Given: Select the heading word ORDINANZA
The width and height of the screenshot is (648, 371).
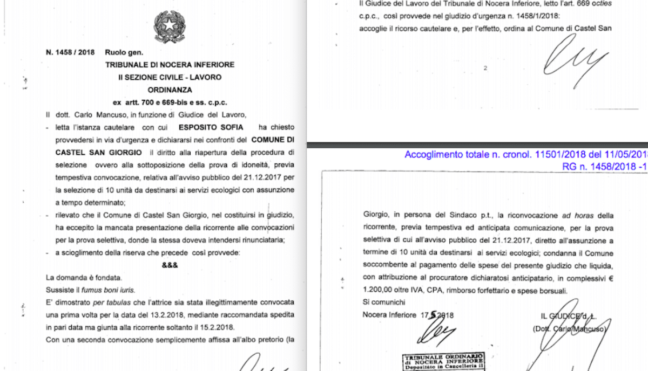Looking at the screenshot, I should pyautogui.click(x=170, y=90).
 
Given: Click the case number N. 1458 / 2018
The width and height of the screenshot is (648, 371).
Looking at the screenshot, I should pyautogui.click(x=71, y=52).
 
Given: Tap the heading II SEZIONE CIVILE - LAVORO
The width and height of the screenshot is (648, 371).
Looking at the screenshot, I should pyautogui.click(x=170, y=77).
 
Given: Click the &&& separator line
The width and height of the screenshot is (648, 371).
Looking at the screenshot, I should pyautogui.click(x=170, y=265).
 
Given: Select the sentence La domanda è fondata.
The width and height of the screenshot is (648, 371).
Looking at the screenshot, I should pyautogui.click(x=84, y=278).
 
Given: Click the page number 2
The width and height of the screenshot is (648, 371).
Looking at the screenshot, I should pyautogui.click(x=485, y=68).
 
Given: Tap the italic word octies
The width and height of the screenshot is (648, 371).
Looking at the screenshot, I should pyautogui.click(x=582, y=4).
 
